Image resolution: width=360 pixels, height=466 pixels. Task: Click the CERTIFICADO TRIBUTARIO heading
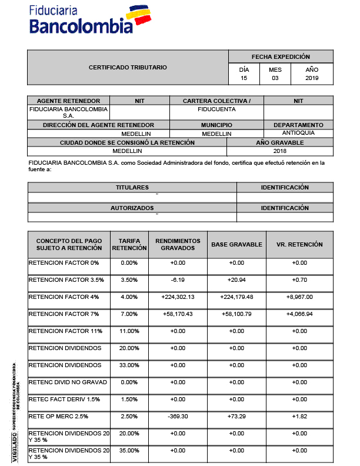[x=128, y=68]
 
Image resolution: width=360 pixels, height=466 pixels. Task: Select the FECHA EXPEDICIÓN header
[x=281, y=57]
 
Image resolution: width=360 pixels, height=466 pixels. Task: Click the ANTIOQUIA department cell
[x=298, y=133]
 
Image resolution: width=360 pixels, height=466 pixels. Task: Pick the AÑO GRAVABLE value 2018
[x=279, y=151]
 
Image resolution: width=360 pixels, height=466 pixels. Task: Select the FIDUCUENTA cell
[x=216, y=109]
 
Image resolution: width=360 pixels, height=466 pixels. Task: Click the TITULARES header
[x=132, y=187]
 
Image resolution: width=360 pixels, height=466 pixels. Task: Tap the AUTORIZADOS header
[x=132, y=208]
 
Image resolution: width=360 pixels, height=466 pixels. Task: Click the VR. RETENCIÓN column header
[x=300, y=244]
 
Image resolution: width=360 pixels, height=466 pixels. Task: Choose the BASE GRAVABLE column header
[x=236, y=244]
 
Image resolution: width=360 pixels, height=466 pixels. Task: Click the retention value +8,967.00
[x=299, y=297]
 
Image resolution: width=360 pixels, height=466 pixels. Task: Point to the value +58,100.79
[x=236, y=314]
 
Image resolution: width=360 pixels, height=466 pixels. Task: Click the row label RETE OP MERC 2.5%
[x=58, y=417]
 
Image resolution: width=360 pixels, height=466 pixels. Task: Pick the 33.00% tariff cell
[x=129, y=365]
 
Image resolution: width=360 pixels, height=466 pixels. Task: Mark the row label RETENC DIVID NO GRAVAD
[x=68, y=382]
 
